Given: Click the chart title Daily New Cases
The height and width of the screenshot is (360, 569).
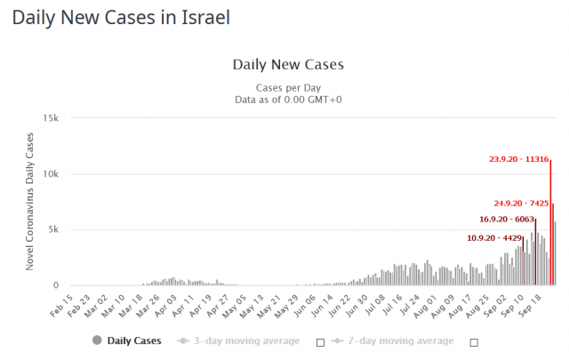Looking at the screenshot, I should (x=287, y=64).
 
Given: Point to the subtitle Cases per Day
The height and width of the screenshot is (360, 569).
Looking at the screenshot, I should (x=287, y=87).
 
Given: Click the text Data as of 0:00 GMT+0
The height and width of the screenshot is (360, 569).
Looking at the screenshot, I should (x=287, y=100).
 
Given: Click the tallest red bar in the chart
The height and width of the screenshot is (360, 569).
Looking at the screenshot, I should (x=550, y=222).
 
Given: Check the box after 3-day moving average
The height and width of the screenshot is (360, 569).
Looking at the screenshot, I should (x=320, y=341).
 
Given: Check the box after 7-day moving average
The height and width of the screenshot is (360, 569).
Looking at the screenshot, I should (x=474, y=341).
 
